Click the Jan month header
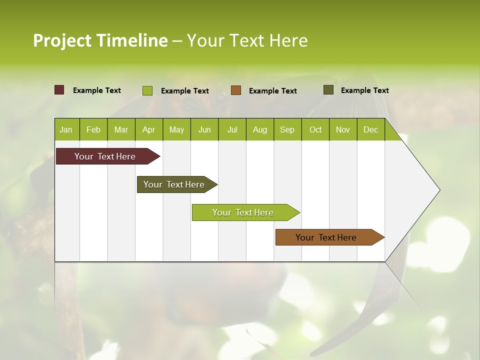click(66, 129)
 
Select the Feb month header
click(93, 129)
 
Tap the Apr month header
click(149, 129)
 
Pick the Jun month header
click(204, 129)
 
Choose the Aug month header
click(260, 129)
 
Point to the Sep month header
click(287, 129)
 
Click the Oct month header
click(315, 129)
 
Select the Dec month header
click(371, 129)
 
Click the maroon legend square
click(59, 90)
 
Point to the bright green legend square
click(147, 90)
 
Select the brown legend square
click(236, 90)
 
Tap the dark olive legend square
click(328, 90)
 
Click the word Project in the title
click(62, 40)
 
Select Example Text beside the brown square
click(273, 90)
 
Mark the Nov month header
click(343, 129)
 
